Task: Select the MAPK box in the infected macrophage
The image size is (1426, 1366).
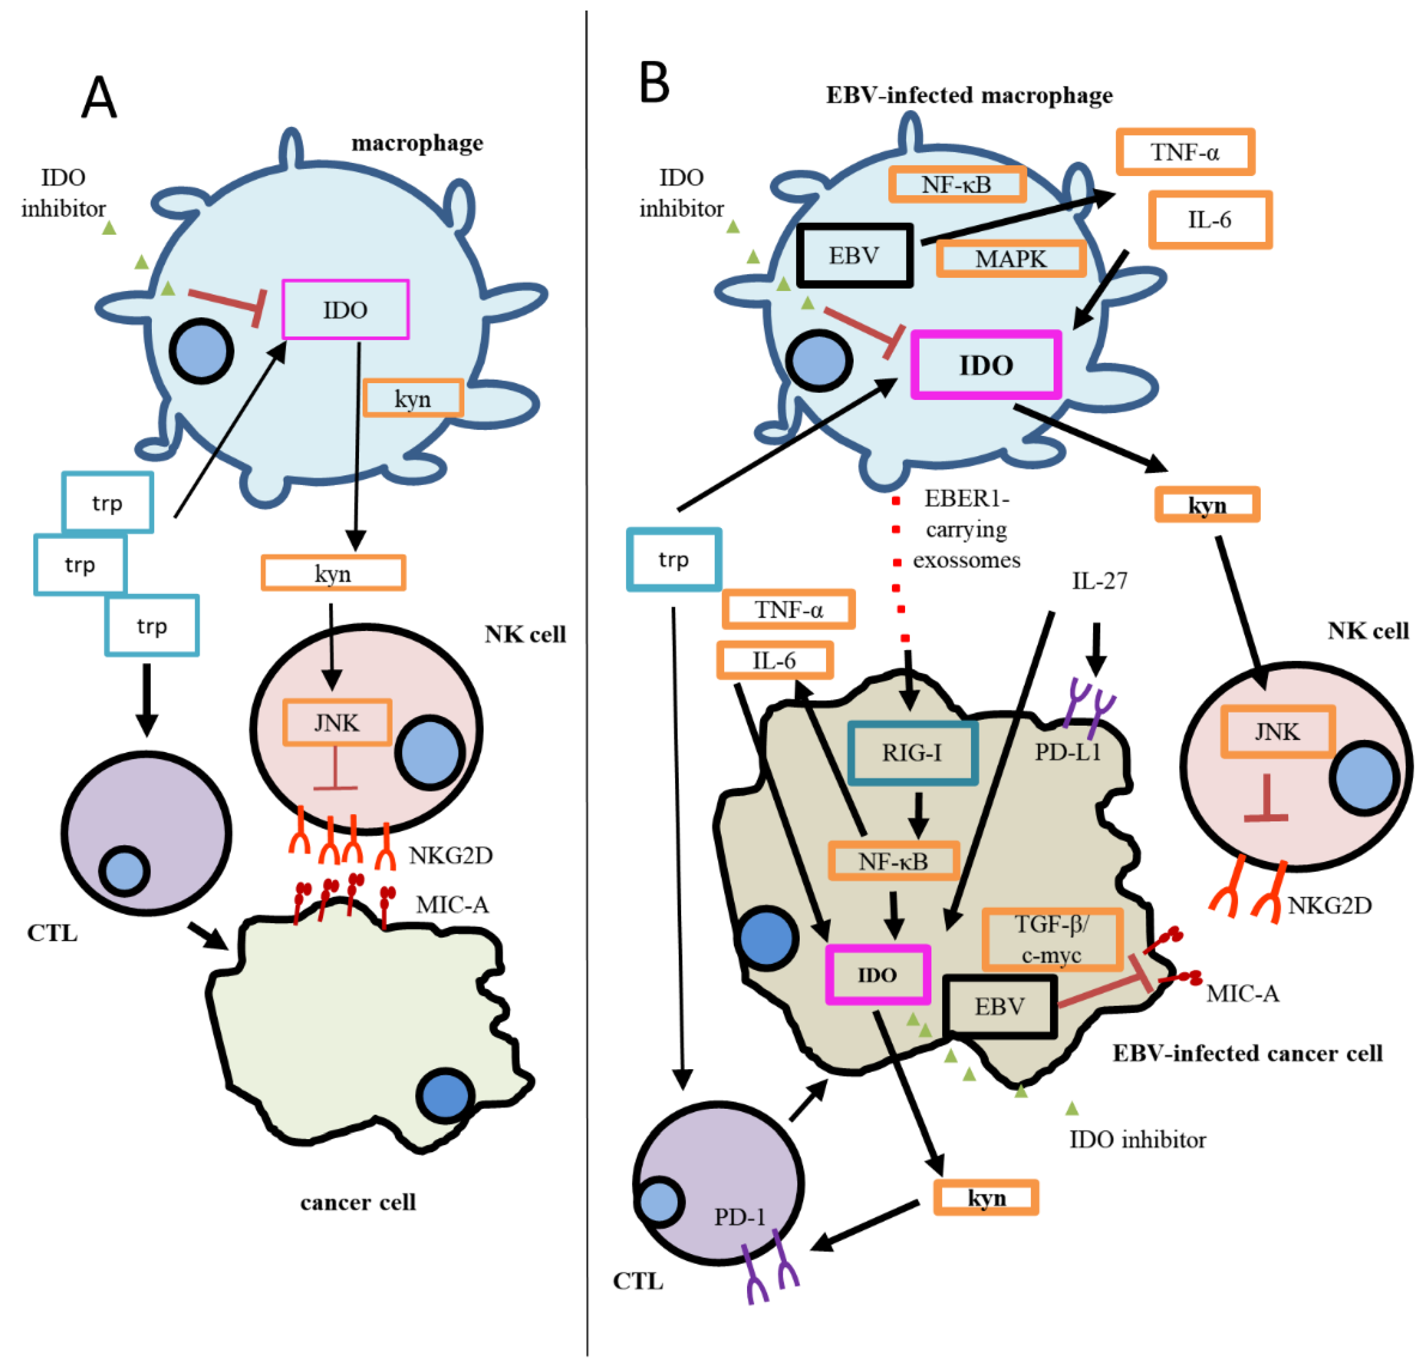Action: [x=1010, y=259]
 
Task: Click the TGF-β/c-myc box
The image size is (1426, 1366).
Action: [x=1052, y=939]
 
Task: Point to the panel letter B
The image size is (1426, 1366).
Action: [x=654, y=83]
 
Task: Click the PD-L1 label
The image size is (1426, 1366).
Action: [x=1067, y=752]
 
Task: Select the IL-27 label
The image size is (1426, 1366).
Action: [x=1099, y=581]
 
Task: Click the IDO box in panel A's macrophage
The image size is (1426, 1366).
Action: [x=345, y=310]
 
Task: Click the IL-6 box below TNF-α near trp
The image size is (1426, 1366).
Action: [x=774, y=660]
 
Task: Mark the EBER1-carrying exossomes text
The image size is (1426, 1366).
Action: [x=966, y=529]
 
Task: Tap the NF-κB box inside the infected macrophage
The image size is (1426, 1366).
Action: [x=957, y=184]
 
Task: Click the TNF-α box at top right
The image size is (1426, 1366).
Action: [x=1185, y=152]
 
